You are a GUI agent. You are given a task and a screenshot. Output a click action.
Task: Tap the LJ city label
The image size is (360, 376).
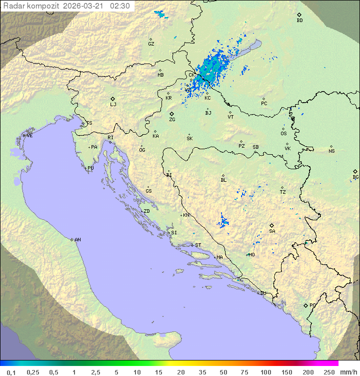point(113,105)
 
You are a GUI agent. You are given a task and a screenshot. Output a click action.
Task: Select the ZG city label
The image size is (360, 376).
point(172,120)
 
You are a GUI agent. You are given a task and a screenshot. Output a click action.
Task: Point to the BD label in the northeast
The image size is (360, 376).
point(299,21)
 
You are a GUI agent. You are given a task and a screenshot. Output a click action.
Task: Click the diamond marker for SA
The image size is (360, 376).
point(272,225)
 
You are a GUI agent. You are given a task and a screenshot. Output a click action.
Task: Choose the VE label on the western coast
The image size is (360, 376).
point(29,136)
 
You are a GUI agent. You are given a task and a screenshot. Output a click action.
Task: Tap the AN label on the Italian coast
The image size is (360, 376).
point(77,240)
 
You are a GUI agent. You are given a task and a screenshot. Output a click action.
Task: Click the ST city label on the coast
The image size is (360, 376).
point(198,245)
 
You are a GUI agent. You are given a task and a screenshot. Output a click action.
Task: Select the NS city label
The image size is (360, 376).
point(331,151)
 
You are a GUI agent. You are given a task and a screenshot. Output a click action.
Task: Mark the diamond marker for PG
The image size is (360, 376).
point(305,305)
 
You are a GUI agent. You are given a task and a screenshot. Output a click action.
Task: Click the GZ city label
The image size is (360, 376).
point(151,44)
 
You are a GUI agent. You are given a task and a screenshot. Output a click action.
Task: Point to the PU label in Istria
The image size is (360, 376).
point(90,168)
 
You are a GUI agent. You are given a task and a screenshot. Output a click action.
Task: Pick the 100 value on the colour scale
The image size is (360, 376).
point(265,372)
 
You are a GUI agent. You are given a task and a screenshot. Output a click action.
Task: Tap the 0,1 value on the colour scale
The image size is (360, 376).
point(11,372)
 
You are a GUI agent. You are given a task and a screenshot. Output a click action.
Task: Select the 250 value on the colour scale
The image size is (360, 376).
point(328,372)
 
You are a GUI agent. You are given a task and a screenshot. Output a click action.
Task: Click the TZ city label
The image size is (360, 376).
point(283,192)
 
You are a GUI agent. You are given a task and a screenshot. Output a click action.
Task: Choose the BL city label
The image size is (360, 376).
point(223,180)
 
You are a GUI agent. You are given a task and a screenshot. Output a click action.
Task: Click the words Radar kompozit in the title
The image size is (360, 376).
point(32,6)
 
